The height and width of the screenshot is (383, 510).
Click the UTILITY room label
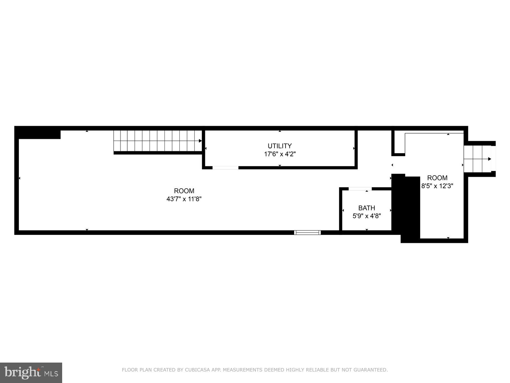tap(280, 146)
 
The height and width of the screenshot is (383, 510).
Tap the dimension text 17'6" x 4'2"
tap(280, 154)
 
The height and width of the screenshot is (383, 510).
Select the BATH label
tap(367, 208)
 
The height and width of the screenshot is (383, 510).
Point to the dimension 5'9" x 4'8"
tap(367, 216)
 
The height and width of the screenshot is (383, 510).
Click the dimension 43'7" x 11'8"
tap(184, 199)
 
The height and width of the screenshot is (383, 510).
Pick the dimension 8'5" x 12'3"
tap(437, 186)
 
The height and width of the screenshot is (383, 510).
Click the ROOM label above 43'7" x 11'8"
tap(184, 191)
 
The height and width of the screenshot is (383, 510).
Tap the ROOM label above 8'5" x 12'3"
tap(437, 178)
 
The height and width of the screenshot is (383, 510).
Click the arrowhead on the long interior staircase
tap(200, 141)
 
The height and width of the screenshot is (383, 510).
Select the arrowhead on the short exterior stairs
tap(490, 159)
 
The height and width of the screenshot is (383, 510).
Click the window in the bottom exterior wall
tap(307, 232)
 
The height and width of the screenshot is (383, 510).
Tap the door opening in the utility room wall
tap(225, 168)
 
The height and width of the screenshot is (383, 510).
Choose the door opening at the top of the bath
tap(360, 189)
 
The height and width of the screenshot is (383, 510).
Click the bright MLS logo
tap(31, 372)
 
